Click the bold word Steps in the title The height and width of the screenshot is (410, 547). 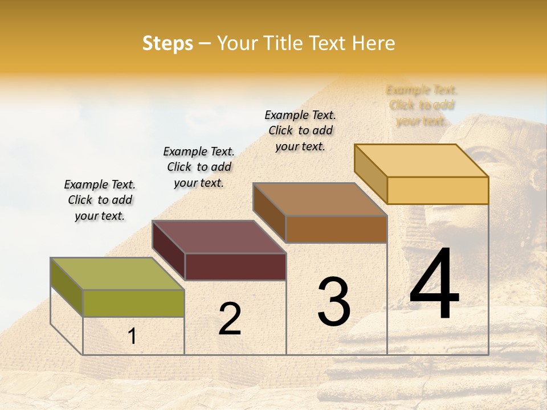click(x=168, y=44)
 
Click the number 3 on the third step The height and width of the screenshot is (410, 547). click(x=334, y=301)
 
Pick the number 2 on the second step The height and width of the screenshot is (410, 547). click(x=230, y=319)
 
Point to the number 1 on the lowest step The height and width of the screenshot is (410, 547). click(x=132, y=337)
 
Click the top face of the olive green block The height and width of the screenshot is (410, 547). click(x=117, y=273)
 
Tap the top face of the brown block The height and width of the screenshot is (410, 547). click(x=320, y=199)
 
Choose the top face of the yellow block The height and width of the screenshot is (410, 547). click(x=421, y=160)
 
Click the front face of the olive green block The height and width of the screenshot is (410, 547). click(x=133, y=303)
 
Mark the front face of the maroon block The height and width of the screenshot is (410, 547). click(x=235, y=266)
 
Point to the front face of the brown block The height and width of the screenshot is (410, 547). click(x=336, y=229)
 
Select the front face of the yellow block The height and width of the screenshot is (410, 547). click(x=438, y=190)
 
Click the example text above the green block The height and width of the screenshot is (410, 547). click(x=100, y=200)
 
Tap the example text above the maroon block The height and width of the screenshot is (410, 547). click(x=199, y=167)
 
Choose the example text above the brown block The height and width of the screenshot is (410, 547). click(x=300, y=130)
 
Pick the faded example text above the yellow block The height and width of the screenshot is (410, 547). click(x=422, y=105)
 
